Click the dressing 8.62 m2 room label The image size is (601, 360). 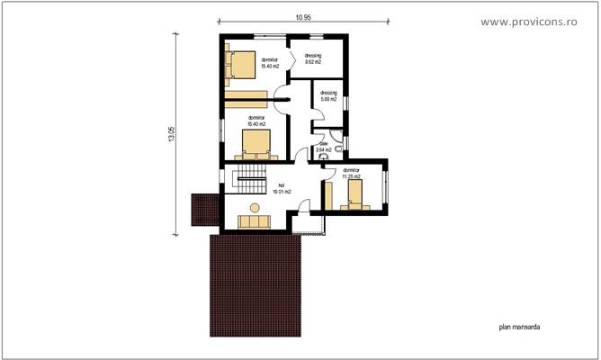coord(314,58)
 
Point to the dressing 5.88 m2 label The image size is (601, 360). coord(327,95)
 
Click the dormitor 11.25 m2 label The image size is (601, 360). coord(351,173)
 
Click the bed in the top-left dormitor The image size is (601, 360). coord(241,66)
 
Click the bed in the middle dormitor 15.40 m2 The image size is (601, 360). coord(256,143)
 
